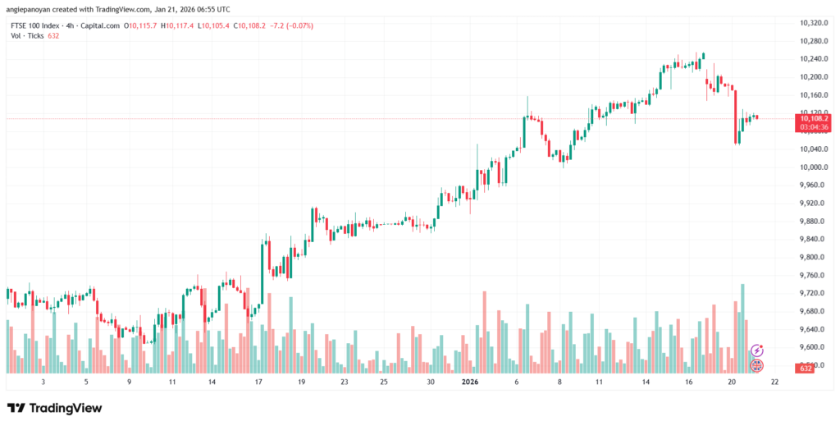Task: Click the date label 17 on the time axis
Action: [x=258, y=382]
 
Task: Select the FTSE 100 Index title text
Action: [x=36, y=25]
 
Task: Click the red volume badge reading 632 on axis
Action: [x=807, y=369]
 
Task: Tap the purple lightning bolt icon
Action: [x=757, y=350]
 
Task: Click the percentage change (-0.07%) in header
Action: [x=298, y=25]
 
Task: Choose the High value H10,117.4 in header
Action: [x=178, y=25]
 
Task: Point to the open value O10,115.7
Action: [x=141, y=25]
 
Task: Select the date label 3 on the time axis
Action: [x=43, y=382]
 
